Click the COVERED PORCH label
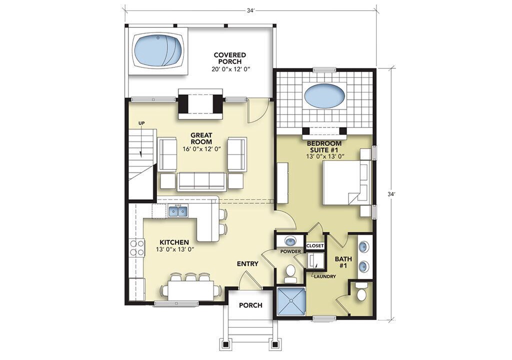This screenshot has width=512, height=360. coord(230,58)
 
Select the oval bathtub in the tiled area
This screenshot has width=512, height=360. coord(324,94)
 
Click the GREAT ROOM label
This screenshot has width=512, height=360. coord(202,138)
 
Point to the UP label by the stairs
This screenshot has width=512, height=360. coord(141,123)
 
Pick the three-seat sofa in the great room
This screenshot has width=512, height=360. coord(202,181)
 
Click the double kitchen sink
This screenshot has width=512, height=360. coord(178,211)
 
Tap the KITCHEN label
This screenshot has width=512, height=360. coord(174,242)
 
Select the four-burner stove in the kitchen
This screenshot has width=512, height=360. coord(137,247)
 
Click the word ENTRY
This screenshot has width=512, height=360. coord(247,264)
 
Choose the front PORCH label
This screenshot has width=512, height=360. coord(250,305)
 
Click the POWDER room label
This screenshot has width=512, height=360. coord(290,251)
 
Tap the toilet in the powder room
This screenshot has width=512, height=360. coord(289,273)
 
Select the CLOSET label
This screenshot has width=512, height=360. coord(315,245)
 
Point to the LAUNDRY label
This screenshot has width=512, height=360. coord(324,276)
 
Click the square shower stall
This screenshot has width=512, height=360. coord(291,301)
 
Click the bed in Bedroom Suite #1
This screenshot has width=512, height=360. coord(347,182)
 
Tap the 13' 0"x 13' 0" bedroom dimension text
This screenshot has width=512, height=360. coord(325,156)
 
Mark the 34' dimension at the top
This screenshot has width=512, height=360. coord(250,10)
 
